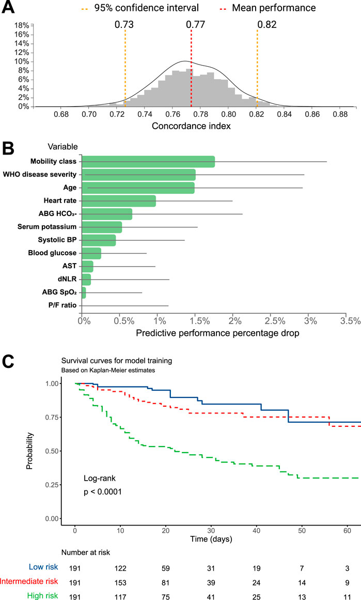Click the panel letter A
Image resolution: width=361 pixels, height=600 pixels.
tap(9, 8)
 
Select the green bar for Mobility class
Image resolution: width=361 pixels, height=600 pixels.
tap(149, 162)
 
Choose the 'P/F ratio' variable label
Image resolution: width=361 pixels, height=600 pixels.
tap(62, 305)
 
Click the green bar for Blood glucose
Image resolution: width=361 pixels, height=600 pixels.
tap(92, 253)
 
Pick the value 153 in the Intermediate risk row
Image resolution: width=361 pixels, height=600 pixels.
tap(120, 581)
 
